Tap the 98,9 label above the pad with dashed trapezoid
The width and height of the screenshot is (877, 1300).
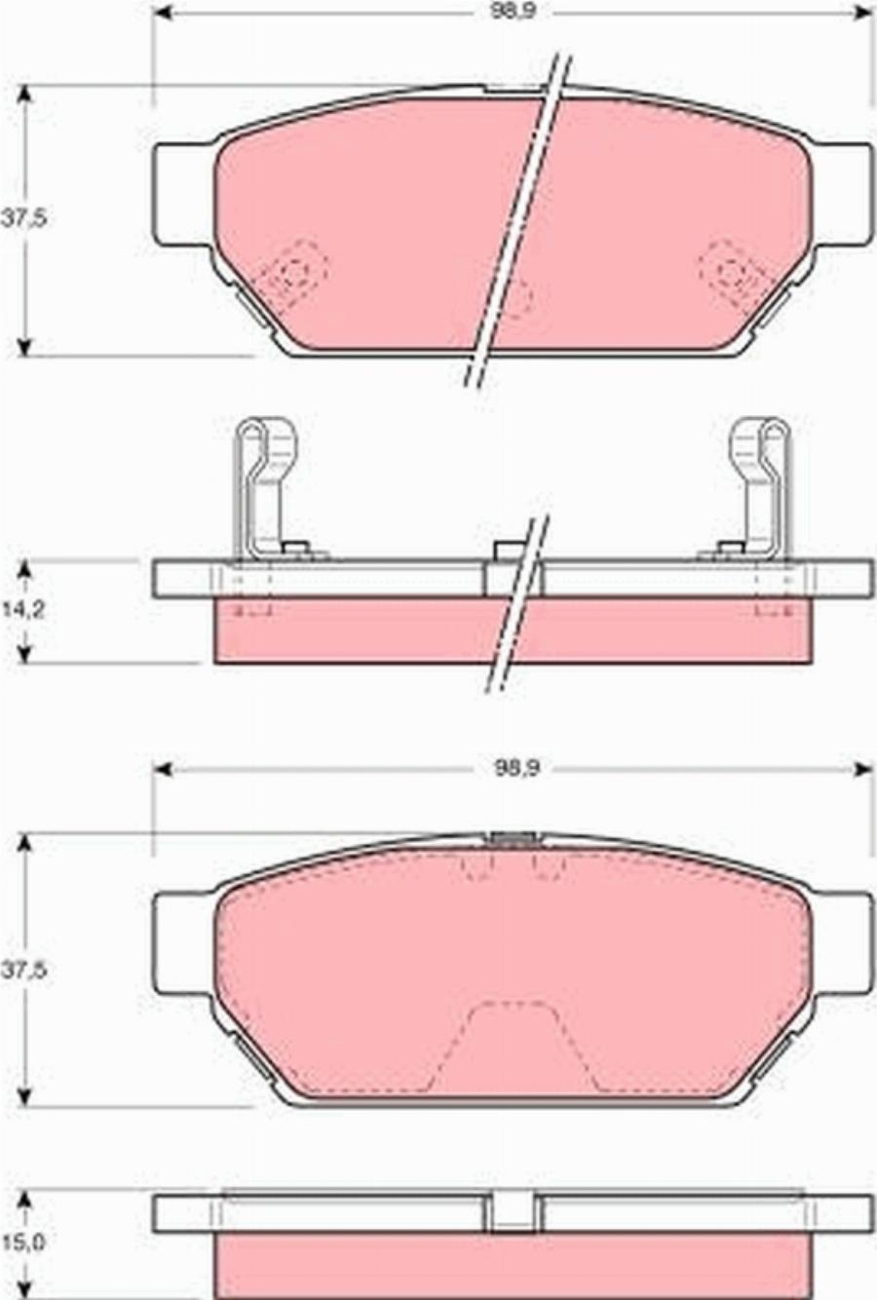[515, 769]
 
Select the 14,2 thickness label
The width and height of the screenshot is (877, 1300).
[23, 610]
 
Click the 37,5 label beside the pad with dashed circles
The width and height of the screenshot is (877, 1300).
[23, 219]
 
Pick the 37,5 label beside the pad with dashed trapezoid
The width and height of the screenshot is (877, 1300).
[23, 970]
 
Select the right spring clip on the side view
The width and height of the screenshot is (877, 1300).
[758, 487]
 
